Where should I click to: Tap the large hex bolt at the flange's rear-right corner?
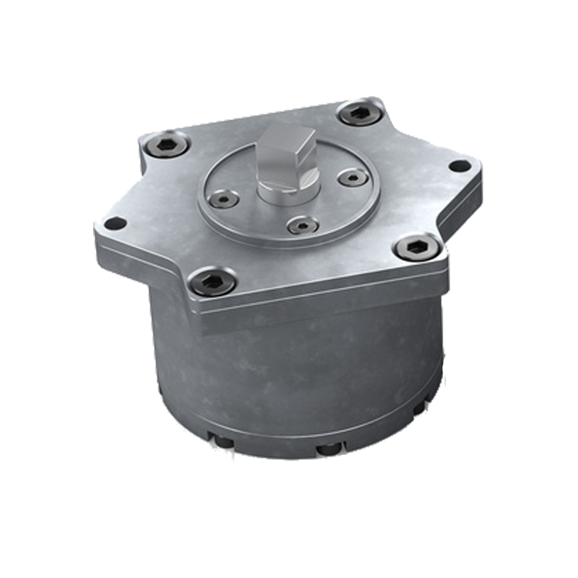click(360, 113)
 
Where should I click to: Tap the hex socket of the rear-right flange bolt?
click(360, 113)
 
